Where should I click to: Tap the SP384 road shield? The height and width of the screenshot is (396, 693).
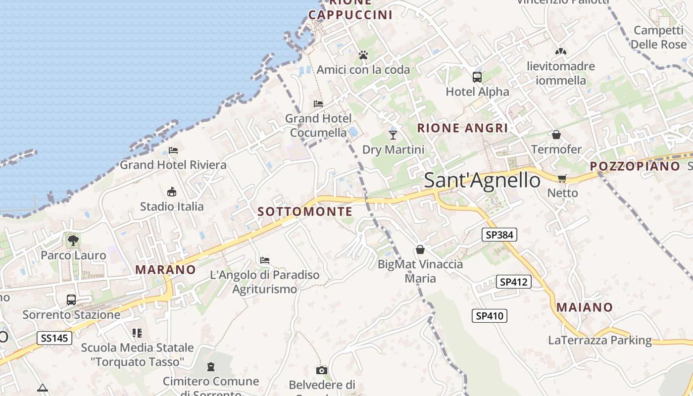[499, 235]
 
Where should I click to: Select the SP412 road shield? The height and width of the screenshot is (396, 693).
[514, 282]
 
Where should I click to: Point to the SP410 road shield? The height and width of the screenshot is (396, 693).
[490, 316]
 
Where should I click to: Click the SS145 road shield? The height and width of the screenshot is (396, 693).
[54, 339]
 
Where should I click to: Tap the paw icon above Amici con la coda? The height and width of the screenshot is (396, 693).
[363, 55]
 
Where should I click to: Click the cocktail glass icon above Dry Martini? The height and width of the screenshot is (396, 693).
[393, 134]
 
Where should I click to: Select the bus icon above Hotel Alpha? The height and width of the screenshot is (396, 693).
[477, 77]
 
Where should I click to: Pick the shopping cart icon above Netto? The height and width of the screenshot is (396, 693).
[562, 178]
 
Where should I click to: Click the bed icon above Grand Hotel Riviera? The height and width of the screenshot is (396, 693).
[173, 150]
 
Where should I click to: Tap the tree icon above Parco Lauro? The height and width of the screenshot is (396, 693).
[73, 241]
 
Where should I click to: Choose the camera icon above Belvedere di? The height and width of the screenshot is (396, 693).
[322, 370]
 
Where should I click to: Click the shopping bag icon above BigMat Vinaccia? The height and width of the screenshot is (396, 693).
[420, 249]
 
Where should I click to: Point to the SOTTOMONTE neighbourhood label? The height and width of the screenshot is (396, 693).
[305, 212]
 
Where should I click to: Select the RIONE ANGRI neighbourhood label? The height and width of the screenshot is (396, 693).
[462, 128]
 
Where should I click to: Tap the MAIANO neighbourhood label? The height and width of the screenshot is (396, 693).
[585, 307]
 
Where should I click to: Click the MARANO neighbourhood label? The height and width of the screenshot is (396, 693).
[165, 270]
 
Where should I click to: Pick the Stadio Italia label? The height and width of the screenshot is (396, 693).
[172, 206]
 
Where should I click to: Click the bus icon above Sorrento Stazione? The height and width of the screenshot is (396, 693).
[71, 300]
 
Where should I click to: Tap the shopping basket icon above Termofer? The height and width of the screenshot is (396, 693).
[556, 135]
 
